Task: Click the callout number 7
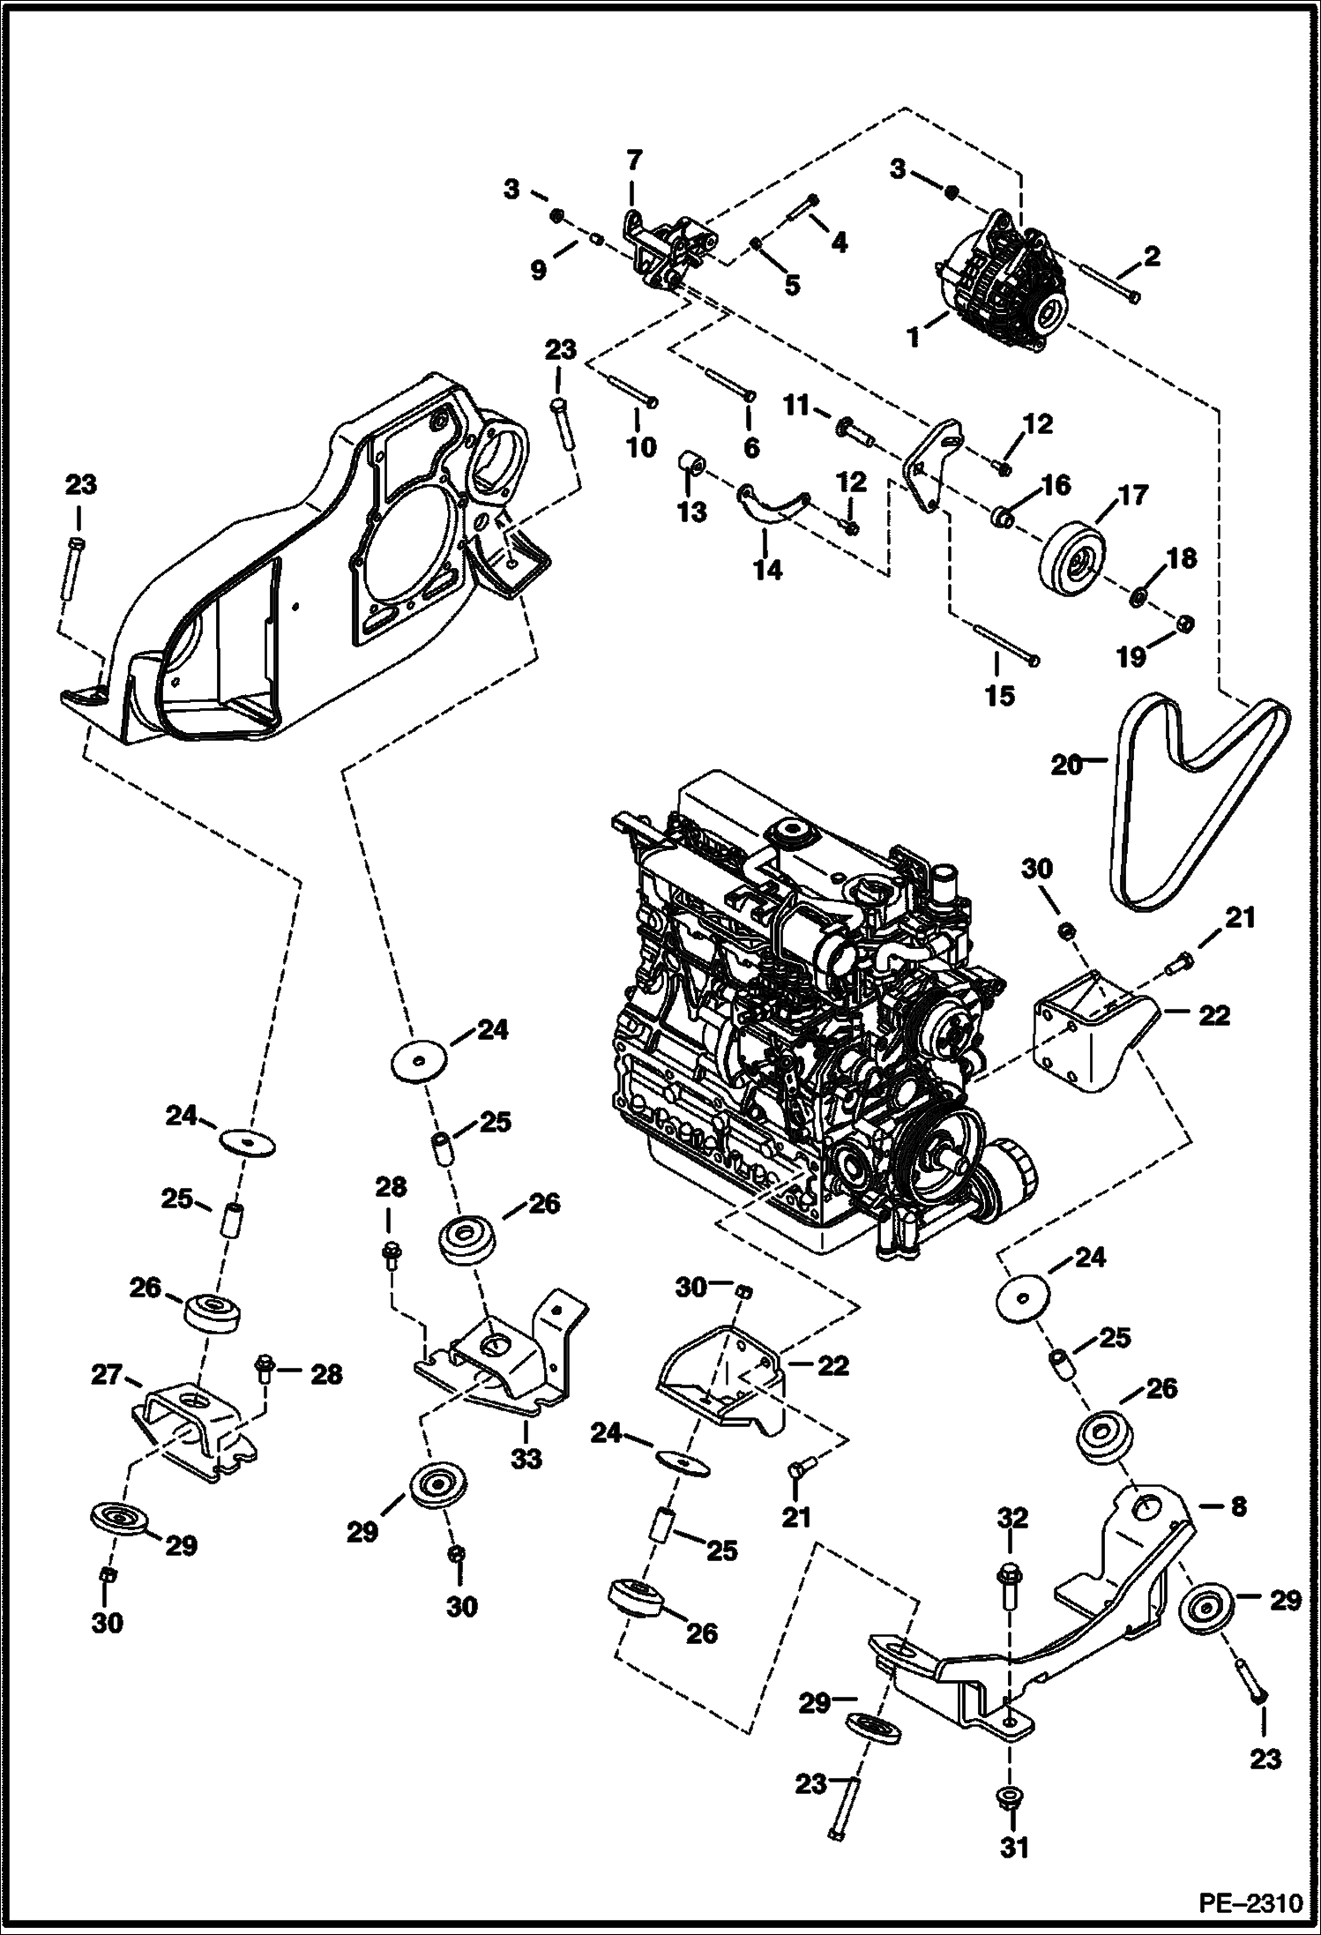click(x=634, y=161)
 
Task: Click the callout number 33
click(x=527, y=1460)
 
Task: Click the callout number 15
click(x=1000, y=696)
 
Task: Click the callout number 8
click(x=1238, y=1506)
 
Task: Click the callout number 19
click(x=1132, y=655)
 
